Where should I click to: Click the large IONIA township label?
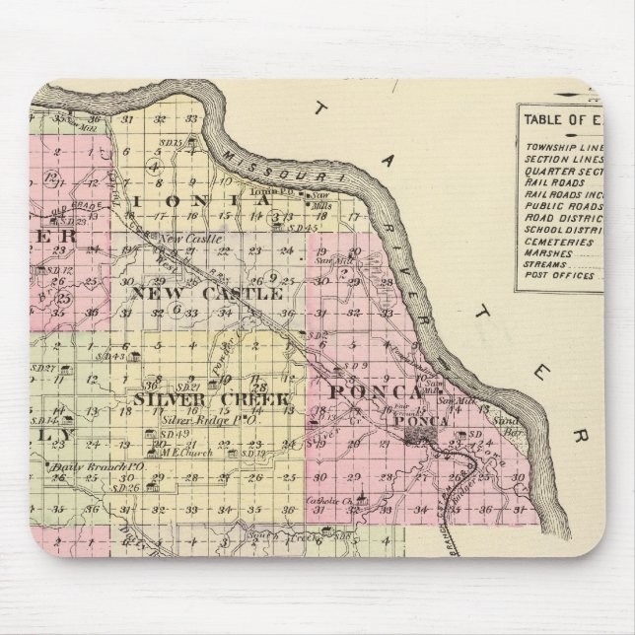(207, 200)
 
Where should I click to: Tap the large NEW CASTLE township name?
(207, 293)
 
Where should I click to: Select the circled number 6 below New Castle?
(176, 308)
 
